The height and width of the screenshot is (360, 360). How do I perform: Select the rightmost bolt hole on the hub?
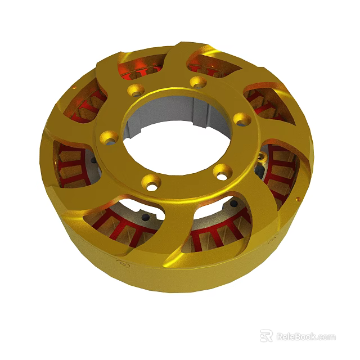(x=241, y=118)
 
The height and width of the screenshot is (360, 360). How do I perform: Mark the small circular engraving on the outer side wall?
(x=120, y=262)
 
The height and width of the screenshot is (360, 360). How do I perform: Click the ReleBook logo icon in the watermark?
(x=266, y=336)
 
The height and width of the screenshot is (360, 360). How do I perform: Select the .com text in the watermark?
(x=326, y=337)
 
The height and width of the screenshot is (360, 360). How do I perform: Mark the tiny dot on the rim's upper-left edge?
(x=74, y=89)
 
